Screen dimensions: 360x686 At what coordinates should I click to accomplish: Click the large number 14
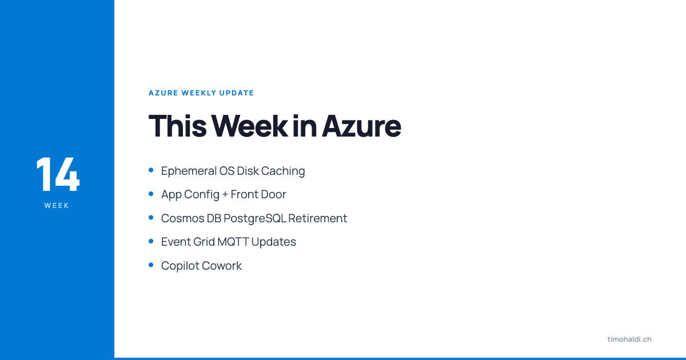(x=57, y=174)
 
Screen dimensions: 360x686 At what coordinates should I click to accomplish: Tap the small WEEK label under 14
(x=57, y=206)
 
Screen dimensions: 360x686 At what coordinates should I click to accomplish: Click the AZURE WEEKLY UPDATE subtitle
(x=201, y=93)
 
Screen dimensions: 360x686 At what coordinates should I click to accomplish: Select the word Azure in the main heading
(x=361, y=126)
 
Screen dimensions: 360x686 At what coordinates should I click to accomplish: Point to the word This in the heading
(x=177, y=126)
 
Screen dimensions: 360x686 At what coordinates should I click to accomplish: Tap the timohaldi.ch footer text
(x=629, y=339)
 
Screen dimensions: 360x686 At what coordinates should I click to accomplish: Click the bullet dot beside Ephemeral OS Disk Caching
(x=151, y=170)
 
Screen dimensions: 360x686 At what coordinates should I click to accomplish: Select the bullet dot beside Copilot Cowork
(x=151, y=265)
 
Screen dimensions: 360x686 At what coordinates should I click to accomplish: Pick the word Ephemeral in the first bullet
(x=188, y=171)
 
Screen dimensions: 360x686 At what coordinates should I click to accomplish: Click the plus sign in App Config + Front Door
(x=225, y=195)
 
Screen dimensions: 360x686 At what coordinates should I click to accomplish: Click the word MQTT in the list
(x=233, y=242)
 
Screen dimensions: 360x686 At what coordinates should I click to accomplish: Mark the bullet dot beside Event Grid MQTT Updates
(x=151, y=241)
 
